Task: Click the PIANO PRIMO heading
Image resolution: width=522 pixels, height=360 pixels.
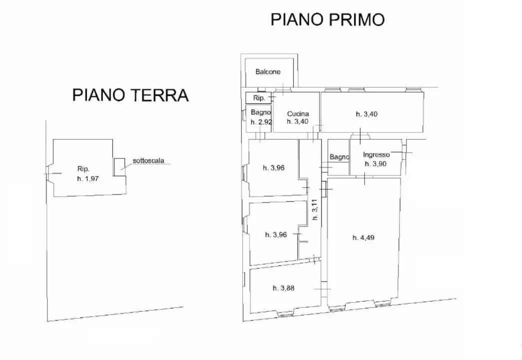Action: (327, 19)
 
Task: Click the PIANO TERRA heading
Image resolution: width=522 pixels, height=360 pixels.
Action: (130, 95)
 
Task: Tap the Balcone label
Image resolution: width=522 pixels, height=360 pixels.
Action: (268, 72)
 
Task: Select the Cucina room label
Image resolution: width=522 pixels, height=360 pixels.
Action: (298, 114)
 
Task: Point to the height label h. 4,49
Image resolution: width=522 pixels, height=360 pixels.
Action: (363, 237)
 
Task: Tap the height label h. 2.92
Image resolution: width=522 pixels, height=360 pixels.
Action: (260, 122)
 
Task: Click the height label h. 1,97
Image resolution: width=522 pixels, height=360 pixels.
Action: (88, 178)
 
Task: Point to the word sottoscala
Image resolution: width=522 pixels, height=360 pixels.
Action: (148, 161)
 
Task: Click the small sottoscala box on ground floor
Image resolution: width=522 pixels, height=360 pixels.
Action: (119, 167)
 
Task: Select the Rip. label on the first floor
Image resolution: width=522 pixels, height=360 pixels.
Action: (258, 97)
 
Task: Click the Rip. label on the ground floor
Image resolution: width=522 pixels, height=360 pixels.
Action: (83, 168)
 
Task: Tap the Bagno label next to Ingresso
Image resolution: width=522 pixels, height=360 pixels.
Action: (339, 157)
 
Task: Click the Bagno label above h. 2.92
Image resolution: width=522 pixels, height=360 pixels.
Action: (260, 112)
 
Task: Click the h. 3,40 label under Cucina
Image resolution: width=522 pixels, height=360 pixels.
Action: (298, 121)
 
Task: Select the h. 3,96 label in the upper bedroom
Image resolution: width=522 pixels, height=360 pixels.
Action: (274, 168)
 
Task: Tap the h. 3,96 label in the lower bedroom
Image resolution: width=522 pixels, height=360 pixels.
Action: (276, 234)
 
